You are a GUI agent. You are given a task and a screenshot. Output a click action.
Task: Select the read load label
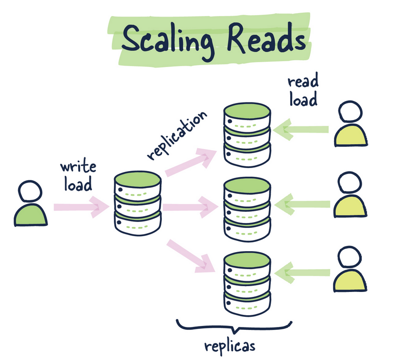pyautogui.click(x=302, y=91)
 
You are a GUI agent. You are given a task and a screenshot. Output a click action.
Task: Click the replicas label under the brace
pyautogui.click(x=230, y=346)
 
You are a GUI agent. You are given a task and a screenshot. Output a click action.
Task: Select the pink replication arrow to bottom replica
pyautogui.click(x=190, y=255)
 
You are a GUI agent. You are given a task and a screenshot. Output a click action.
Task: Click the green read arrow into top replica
pyautogui.click(x=300, y=130)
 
